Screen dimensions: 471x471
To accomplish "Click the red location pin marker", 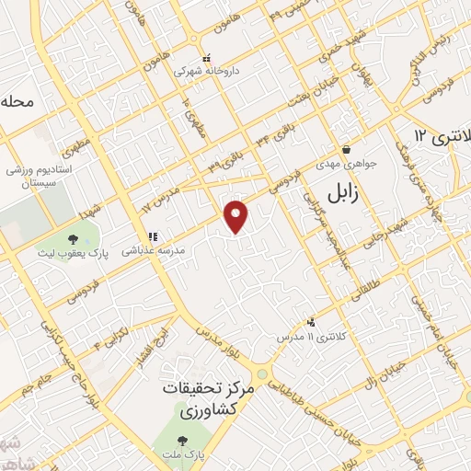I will [237, 215].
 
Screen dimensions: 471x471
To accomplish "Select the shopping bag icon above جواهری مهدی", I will [346, 150].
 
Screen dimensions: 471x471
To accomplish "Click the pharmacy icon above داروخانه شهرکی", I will [206, 57].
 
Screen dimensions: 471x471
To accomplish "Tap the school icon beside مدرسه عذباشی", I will [152, 236].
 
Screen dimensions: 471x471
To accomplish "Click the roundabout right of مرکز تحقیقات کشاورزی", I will [265, 375].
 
